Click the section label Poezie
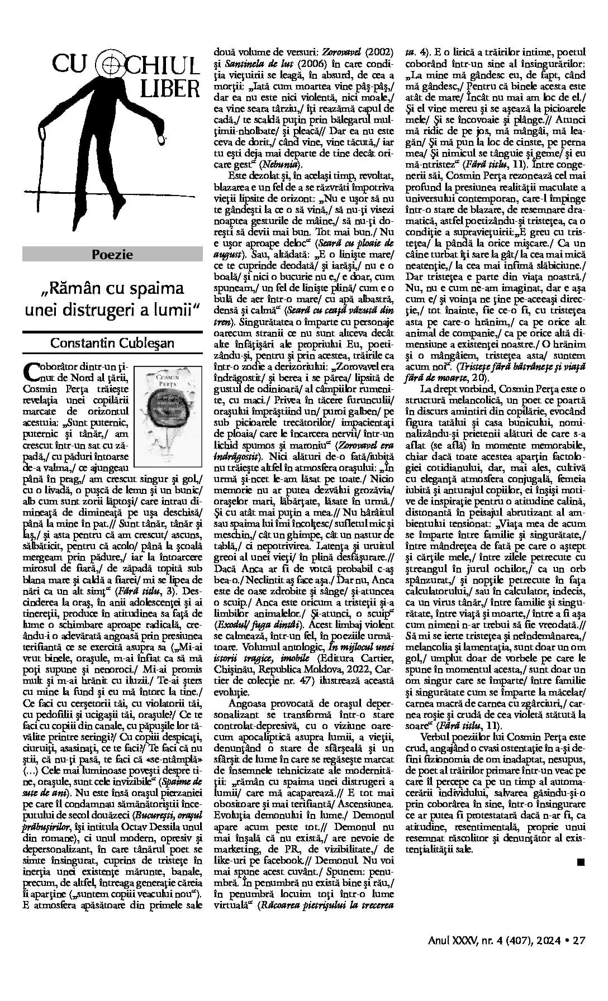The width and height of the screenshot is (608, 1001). (112, 255)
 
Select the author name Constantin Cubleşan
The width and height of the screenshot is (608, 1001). (112, 342)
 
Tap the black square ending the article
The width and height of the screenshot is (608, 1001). (580, 862)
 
